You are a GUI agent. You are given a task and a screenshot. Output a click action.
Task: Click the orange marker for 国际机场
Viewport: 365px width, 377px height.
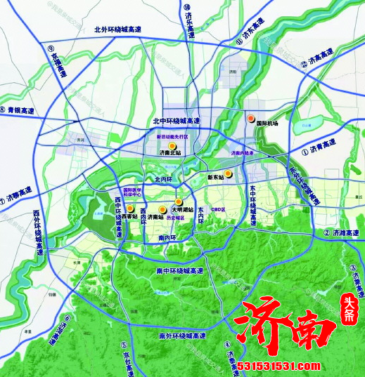[248, 116]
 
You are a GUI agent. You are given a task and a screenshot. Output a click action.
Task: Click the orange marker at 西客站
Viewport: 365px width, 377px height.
[130, 209]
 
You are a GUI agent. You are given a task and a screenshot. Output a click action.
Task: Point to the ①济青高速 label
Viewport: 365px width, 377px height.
[324, 149]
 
